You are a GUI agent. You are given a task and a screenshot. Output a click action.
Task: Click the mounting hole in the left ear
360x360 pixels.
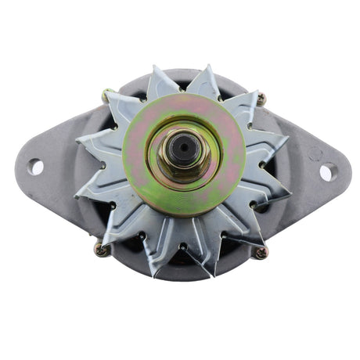pos(36,166)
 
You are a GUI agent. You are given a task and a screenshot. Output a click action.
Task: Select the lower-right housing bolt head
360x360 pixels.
pos(260,252)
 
